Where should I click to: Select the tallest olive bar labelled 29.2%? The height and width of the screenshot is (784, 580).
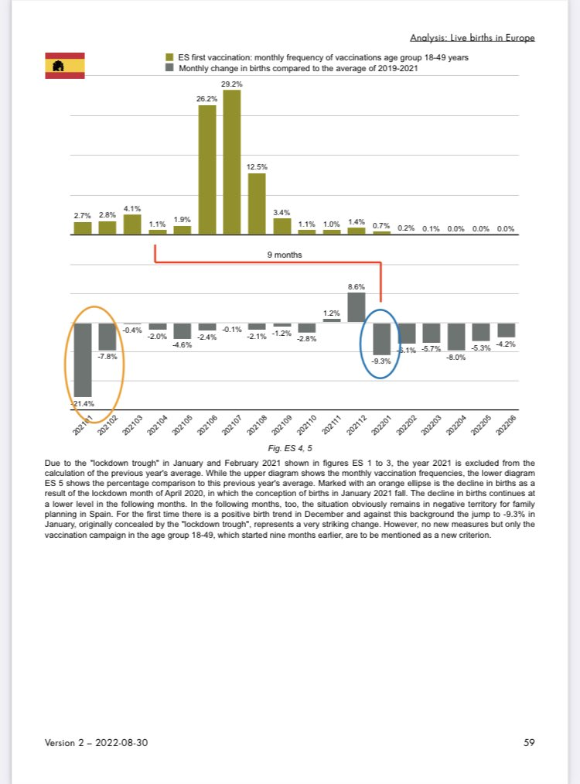click(x=231, y=162)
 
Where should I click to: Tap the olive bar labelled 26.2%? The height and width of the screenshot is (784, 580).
click(x=207, y=169)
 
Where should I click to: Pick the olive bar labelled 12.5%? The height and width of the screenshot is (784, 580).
click(x=256, y=203)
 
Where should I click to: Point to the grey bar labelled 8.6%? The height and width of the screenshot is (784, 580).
click(x=356, y=306)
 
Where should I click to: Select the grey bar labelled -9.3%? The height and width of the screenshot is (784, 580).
click(x=381, y=338)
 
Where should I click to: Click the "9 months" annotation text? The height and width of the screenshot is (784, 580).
click(x=290, y=254)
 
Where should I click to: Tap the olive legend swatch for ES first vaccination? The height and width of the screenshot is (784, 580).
click(x=169, y=58)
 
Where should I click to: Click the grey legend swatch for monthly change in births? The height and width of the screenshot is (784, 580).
click(x=169, y=68)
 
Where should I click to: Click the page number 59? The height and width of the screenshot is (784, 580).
click(x=529, y=742)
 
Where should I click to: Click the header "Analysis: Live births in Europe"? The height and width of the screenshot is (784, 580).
click(x=472, y=37)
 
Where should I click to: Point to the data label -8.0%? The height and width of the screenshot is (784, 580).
click(x=455, y=357)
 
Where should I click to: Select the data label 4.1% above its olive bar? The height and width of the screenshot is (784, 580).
click(x=132, y=208)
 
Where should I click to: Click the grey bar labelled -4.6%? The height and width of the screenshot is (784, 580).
click(x=183, y=330)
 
